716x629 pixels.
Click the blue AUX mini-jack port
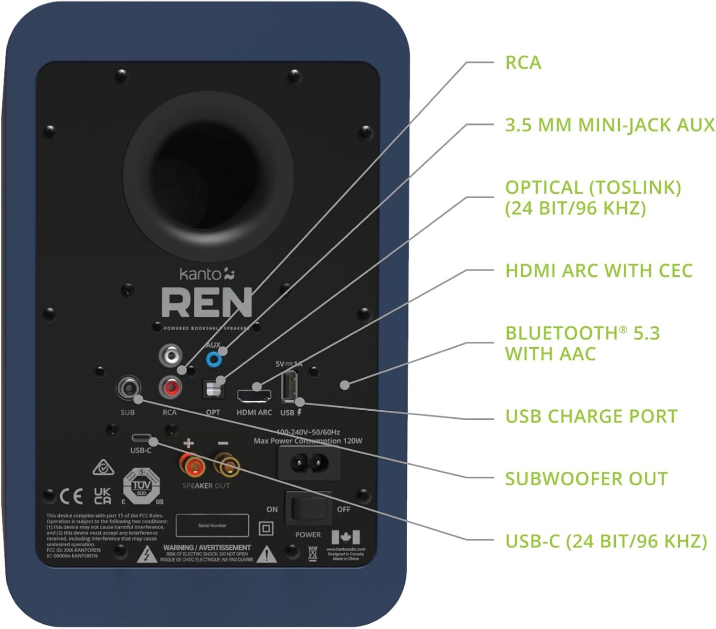(x=214, y=359)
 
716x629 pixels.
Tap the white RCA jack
(x=170, y=355)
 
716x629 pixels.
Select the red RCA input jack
(x=170, y=387)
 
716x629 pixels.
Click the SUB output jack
(x=128, y=387)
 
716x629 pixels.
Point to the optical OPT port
(x=213, y=389)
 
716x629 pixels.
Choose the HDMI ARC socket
(x=253, y=395)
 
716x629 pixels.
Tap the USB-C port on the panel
(x=142, y=438)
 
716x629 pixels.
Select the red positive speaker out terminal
(x=192, y=465)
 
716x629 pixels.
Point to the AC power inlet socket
(x=309, y=462)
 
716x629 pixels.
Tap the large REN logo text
(x=206, y=303)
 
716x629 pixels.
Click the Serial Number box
(x=212, y=525)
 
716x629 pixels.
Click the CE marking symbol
(x=72, y=497)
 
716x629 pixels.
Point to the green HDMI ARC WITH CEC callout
(x=599, y=270)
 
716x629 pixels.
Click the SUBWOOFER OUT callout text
(x=586, y=479)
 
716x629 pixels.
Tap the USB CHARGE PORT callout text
(x=591, y=416)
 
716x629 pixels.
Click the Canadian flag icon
(x=346, y=537)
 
